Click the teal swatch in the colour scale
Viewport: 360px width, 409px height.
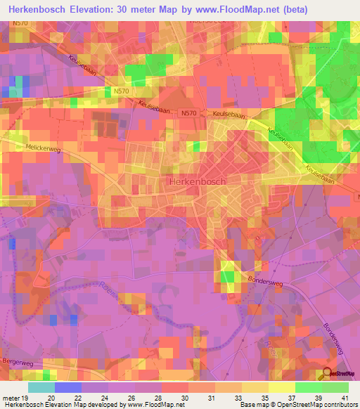[41, 387]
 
